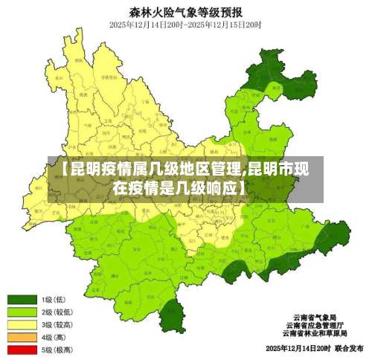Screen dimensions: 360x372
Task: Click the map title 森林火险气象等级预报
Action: (x=185, y=11)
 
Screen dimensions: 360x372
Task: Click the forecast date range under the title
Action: (x=185, y=25)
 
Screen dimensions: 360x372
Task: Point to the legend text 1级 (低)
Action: (x=57, y=300)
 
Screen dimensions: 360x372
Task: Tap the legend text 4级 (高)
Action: (x=57, y=337)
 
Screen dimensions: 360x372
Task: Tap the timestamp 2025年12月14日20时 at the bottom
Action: (x=297, y=348)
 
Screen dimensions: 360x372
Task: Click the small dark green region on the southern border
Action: (x=173, y=314)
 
